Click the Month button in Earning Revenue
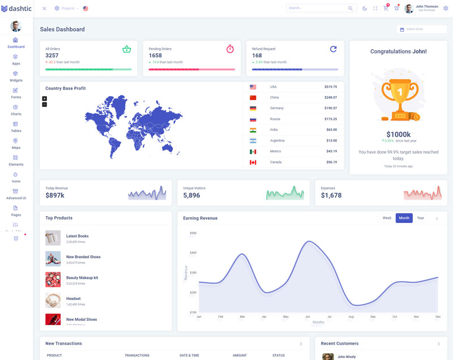[404, 218]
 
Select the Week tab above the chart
[387, 218]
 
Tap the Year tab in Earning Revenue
[420, 218]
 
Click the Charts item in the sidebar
[16, 110]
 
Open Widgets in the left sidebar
[16, 76]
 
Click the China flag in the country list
[253, 97]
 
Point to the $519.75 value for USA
[331, 87]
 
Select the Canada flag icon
[253, 162]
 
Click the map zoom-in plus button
[45, 98]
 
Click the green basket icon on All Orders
[126, 49]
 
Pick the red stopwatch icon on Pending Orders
[230, 49]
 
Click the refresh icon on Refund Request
[334, 49]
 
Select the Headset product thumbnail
[53, 301]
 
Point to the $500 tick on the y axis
[193, 233]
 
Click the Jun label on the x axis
[307, 316]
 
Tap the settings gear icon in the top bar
[446, 8]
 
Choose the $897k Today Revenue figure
[55, 195]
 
